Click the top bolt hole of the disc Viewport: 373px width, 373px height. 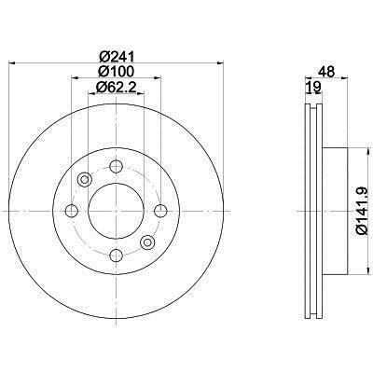(117, 168)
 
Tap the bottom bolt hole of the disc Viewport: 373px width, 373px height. (117, 253)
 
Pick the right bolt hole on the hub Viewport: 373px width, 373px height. (159, 210)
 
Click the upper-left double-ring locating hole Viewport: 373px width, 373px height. (85, 180)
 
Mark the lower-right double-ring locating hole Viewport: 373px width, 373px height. (147, 242)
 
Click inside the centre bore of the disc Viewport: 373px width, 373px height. (117, 210)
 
